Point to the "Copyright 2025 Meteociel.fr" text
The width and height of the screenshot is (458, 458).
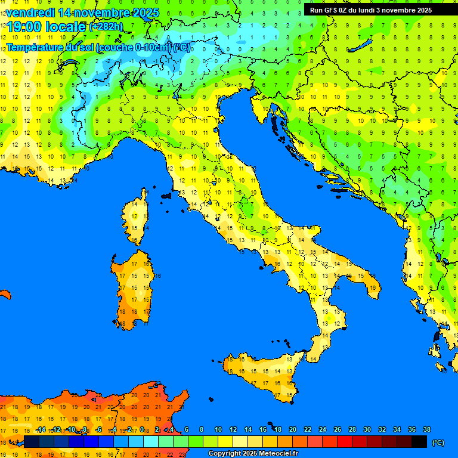click(253, 454)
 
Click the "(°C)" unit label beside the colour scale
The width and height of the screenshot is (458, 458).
click(438, 442)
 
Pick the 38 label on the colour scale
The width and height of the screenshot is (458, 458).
click(426, 430)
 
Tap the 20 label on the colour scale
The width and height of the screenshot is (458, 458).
click(293, 430)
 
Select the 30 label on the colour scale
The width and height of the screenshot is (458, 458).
click(367, 430)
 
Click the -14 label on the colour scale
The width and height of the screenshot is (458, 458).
click(41, 430)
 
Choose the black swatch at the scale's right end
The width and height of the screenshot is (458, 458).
click(419, 442)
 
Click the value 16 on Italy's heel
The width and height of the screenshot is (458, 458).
click(373, 288)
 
